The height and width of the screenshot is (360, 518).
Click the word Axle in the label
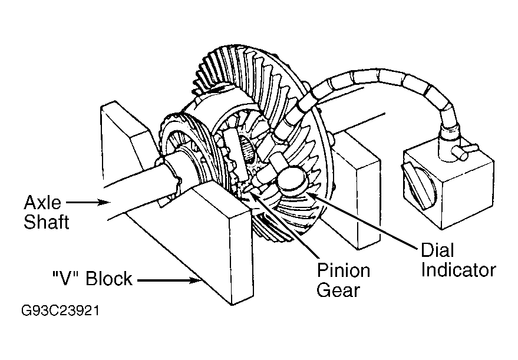click(x=42, y=202)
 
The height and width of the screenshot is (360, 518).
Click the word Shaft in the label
click(x=46, y=222)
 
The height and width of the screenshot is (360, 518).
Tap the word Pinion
click(x=344, y=270)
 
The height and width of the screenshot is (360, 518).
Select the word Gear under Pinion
click(x=338, y=290)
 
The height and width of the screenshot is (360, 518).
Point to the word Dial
click(x=437, y=250)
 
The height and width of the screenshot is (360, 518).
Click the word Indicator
click(x=458, y=269)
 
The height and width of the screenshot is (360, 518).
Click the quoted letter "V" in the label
click(x=66, y=279)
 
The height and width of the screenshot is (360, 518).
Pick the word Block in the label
click(x=109, y=279)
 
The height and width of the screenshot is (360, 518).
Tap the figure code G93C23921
click(x=60, y=311)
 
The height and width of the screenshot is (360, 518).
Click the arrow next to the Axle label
click(x=88, y=202)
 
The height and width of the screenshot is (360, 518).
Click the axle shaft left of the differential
click(x=138, y=189)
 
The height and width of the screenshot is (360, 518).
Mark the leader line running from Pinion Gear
click(x=284, y=225)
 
